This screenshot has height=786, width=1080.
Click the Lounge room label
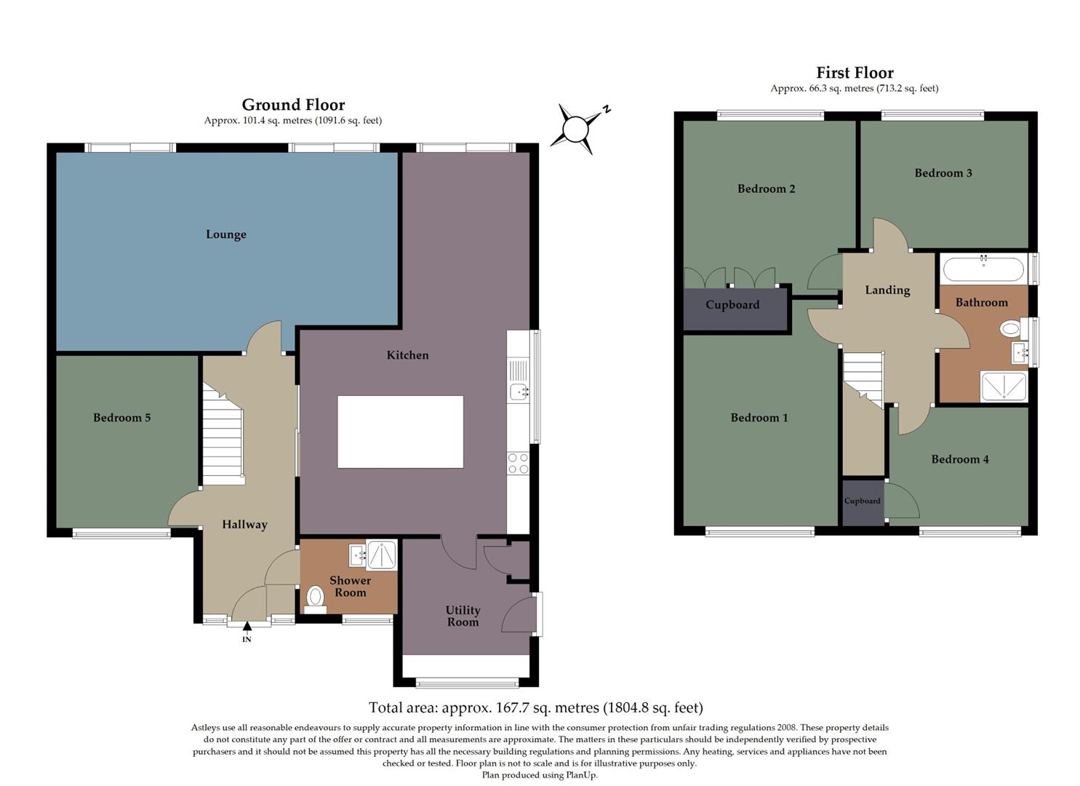225,234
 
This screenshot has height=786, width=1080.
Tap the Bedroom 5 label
121,418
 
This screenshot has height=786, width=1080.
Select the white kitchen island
400,432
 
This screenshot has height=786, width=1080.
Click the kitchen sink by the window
519,392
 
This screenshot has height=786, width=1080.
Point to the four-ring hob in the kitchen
518,464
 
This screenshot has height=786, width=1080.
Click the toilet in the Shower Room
315,598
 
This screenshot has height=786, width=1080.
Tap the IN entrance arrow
247,626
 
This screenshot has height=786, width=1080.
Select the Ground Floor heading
293,105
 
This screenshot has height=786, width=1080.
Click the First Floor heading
855,73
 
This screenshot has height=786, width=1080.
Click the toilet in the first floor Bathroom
1011,329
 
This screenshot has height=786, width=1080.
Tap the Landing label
887,290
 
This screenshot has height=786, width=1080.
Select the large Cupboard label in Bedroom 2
732,305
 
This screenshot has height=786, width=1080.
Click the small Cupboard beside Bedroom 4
863,501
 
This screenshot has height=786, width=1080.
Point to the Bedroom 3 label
943,173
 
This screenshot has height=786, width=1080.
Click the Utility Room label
463,616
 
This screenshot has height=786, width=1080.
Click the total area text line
535,707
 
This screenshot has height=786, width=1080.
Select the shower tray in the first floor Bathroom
1004,386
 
